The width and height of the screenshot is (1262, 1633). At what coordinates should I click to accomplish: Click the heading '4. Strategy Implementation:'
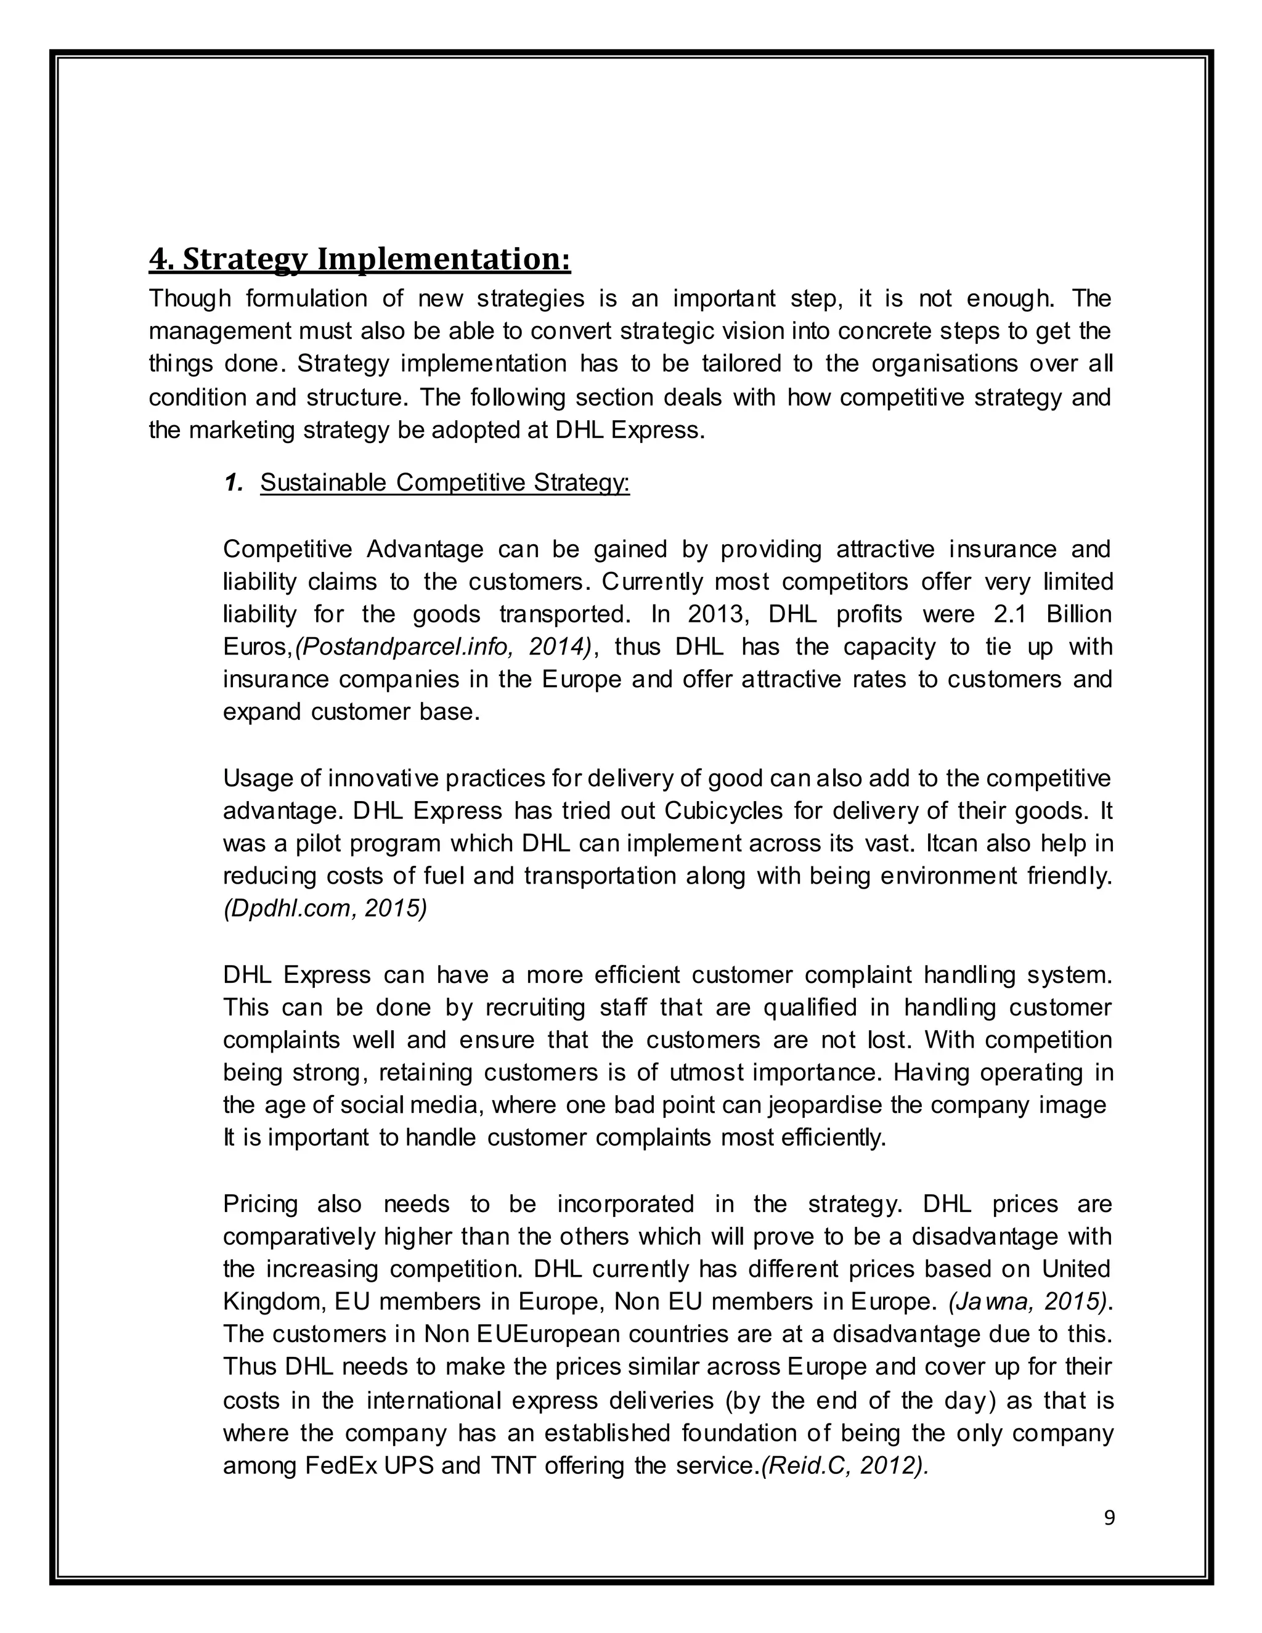click(360, 259)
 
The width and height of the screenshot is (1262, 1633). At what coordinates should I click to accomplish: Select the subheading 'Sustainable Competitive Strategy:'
click(445, 483)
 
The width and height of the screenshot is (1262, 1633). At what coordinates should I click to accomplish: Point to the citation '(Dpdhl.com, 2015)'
click(325, 908)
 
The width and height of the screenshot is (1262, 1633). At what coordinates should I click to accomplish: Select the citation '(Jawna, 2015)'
click(1027, 1301)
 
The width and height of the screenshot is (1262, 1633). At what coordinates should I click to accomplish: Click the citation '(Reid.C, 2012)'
click(844, 1465)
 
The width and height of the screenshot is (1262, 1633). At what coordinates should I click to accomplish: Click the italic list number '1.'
click(234, 483)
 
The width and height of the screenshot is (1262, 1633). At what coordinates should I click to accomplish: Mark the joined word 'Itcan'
click(953, 844)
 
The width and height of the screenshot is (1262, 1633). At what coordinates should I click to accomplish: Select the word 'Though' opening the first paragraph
click(190, 298)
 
